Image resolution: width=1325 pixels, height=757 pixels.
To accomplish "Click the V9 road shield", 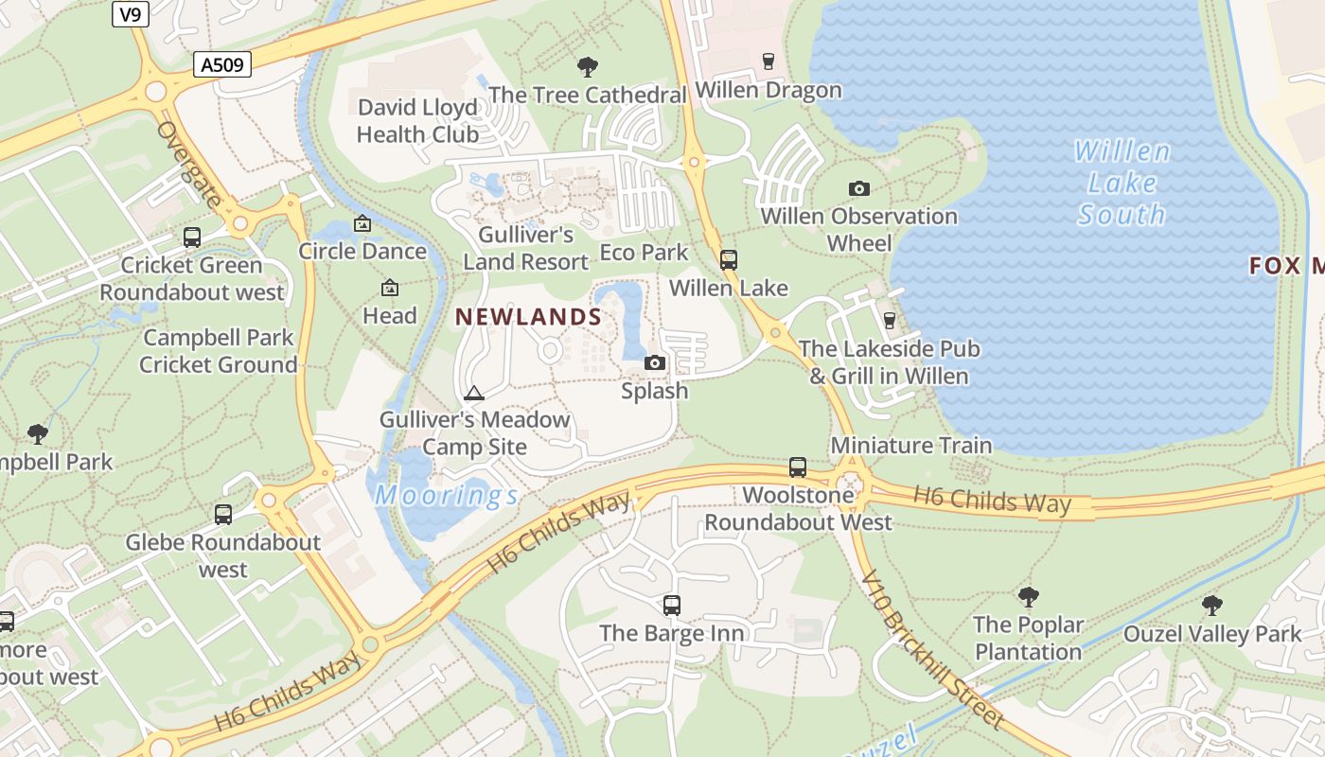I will click(131, 14).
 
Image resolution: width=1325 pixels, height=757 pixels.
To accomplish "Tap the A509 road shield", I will click(223, 64).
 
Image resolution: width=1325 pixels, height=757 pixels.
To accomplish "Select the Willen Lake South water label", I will click(1122, 183).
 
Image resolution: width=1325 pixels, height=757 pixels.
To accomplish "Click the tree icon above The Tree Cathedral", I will click(588, 67).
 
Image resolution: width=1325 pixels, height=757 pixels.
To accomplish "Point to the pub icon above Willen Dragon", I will click(768, 62).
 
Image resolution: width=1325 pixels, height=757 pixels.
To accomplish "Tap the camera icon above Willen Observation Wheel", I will click(858, 188).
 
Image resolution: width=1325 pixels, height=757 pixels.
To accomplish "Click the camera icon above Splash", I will click(654, 362).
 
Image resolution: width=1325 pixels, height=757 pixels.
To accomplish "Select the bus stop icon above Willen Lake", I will click(728, 259).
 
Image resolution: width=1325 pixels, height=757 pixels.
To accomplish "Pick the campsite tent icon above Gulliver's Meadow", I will click(474, 393).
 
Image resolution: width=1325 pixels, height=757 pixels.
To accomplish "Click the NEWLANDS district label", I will click(529, 317).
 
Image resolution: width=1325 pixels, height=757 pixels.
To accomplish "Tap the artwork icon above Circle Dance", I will click(362, 223).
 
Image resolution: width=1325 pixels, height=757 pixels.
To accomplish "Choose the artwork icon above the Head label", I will click(389, 288).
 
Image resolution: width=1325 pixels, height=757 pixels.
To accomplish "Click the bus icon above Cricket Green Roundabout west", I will click(192, 238).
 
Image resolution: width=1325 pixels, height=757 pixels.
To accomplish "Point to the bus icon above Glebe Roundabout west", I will click(223, 515).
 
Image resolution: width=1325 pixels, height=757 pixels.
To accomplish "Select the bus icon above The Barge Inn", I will click(672, 605).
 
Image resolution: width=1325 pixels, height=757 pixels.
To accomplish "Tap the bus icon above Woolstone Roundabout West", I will click(798, 467).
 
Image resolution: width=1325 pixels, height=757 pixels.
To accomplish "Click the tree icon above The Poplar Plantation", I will click(1028, 597).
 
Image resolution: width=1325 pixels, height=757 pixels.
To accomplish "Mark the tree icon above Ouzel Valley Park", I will click(1211, 606).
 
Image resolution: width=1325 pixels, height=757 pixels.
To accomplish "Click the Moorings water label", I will click(446, 495).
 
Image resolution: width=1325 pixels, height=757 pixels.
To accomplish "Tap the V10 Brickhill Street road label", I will click(932, 650).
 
